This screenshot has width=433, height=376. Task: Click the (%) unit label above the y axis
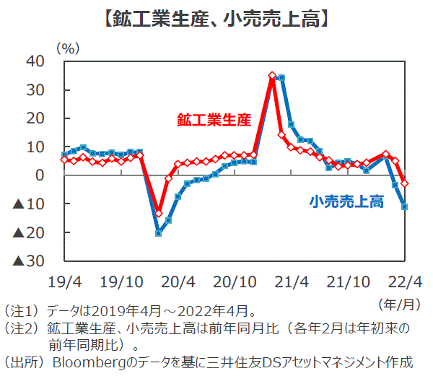(67, 47)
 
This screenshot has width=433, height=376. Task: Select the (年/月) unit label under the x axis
(398, 301)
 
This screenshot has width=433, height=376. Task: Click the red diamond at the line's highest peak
(272, 75)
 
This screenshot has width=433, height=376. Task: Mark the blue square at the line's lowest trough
(159, 233)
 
